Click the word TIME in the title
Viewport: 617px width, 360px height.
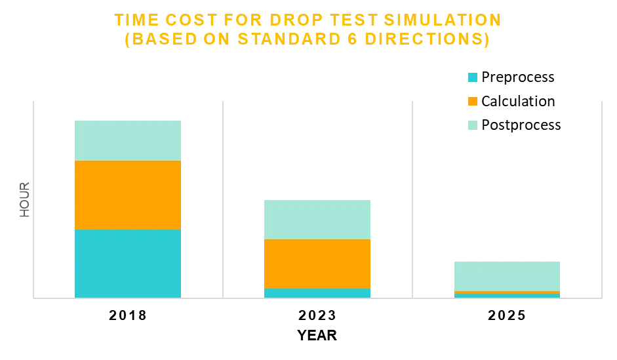133,20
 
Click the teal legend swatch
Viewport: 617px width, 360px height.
472,77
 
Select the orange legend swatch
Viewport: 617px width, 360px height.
472,102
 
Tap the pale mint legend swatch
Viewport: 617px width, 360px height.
472,125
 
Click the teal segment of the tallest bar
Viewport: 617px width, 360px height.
128,263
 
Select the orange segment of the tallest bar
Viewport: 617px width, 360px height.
128,195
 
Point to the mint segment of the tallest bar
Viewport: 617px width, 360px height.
128,141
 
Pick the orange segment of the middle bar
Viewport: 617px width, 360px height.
317,264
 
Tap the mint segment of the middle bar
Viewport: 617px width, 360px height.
317,219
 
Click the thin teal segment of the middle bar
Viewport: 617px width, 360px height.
317,293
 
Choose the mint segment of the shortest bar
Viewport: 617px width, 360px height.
506,275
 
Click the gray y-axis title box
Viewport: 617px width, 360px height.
24,199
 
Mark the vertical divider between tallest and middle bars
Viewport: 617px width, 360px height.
223,197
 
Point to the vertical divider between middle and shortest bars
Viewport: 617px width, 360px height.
412,197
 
